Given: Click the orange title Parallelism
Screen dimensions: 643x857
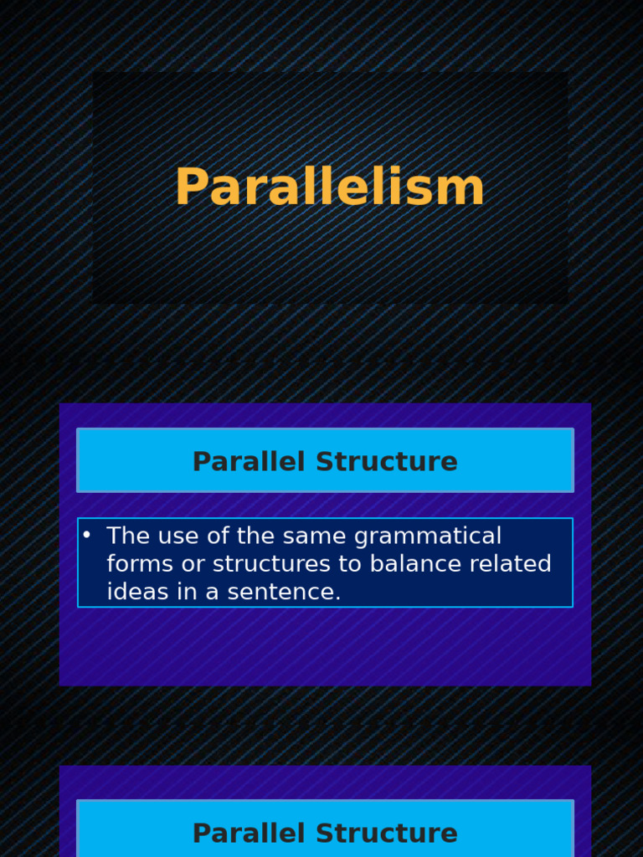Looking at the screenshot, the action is click(330, 187).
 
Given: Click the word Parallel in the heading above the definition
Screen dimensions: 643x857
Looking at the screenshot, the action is click(248, 461).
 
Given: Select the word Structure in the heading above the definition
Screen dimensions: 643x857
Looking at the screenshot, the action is click(387, 461).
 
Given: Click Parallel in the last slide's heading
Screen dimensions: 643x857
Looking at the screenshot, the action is click(248, 833).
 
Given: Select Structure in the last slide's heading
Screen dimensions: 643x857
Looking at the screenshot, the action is click(387, 833).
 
